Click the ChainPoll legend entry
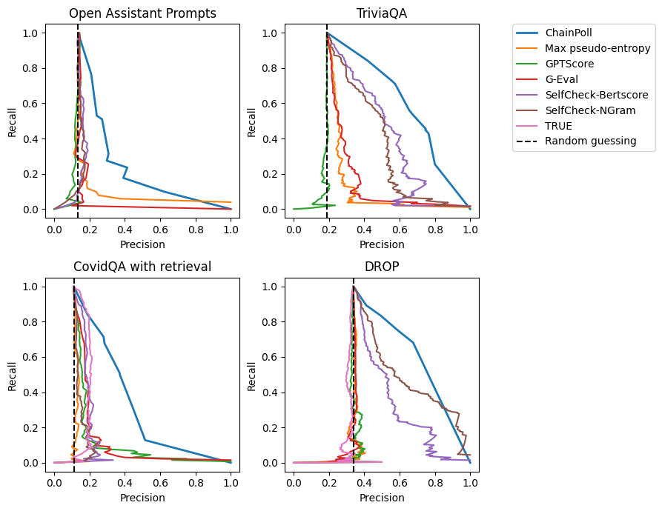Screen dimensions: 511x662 pyautogui.click(x=570, y=33)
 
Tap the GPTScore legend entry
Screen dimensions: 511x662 pyautogui.click(x=570, y=64)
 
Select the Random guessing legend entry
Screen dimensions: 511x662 pyautogui.click(x=590, y=141)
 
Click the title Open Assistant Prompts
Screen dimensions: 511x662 pyautogui.click(x=142, y=13)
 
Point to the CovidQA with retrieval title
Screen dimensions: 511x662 pyautogui.click(x=142, y=267)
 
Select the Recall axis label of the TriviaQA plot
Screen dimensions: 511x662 pyautogui.click(x=253, y=121)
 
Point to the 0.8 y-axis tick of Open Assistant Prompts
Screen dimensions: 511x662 pyautogui.click(x=31, y=68)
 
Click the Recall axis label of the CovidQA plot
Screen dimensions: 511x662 pyautogui.click(x=13, y=375)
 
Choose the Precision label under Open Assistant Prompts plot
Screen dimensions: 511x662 pyautogui.click(x=142, y=244)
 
